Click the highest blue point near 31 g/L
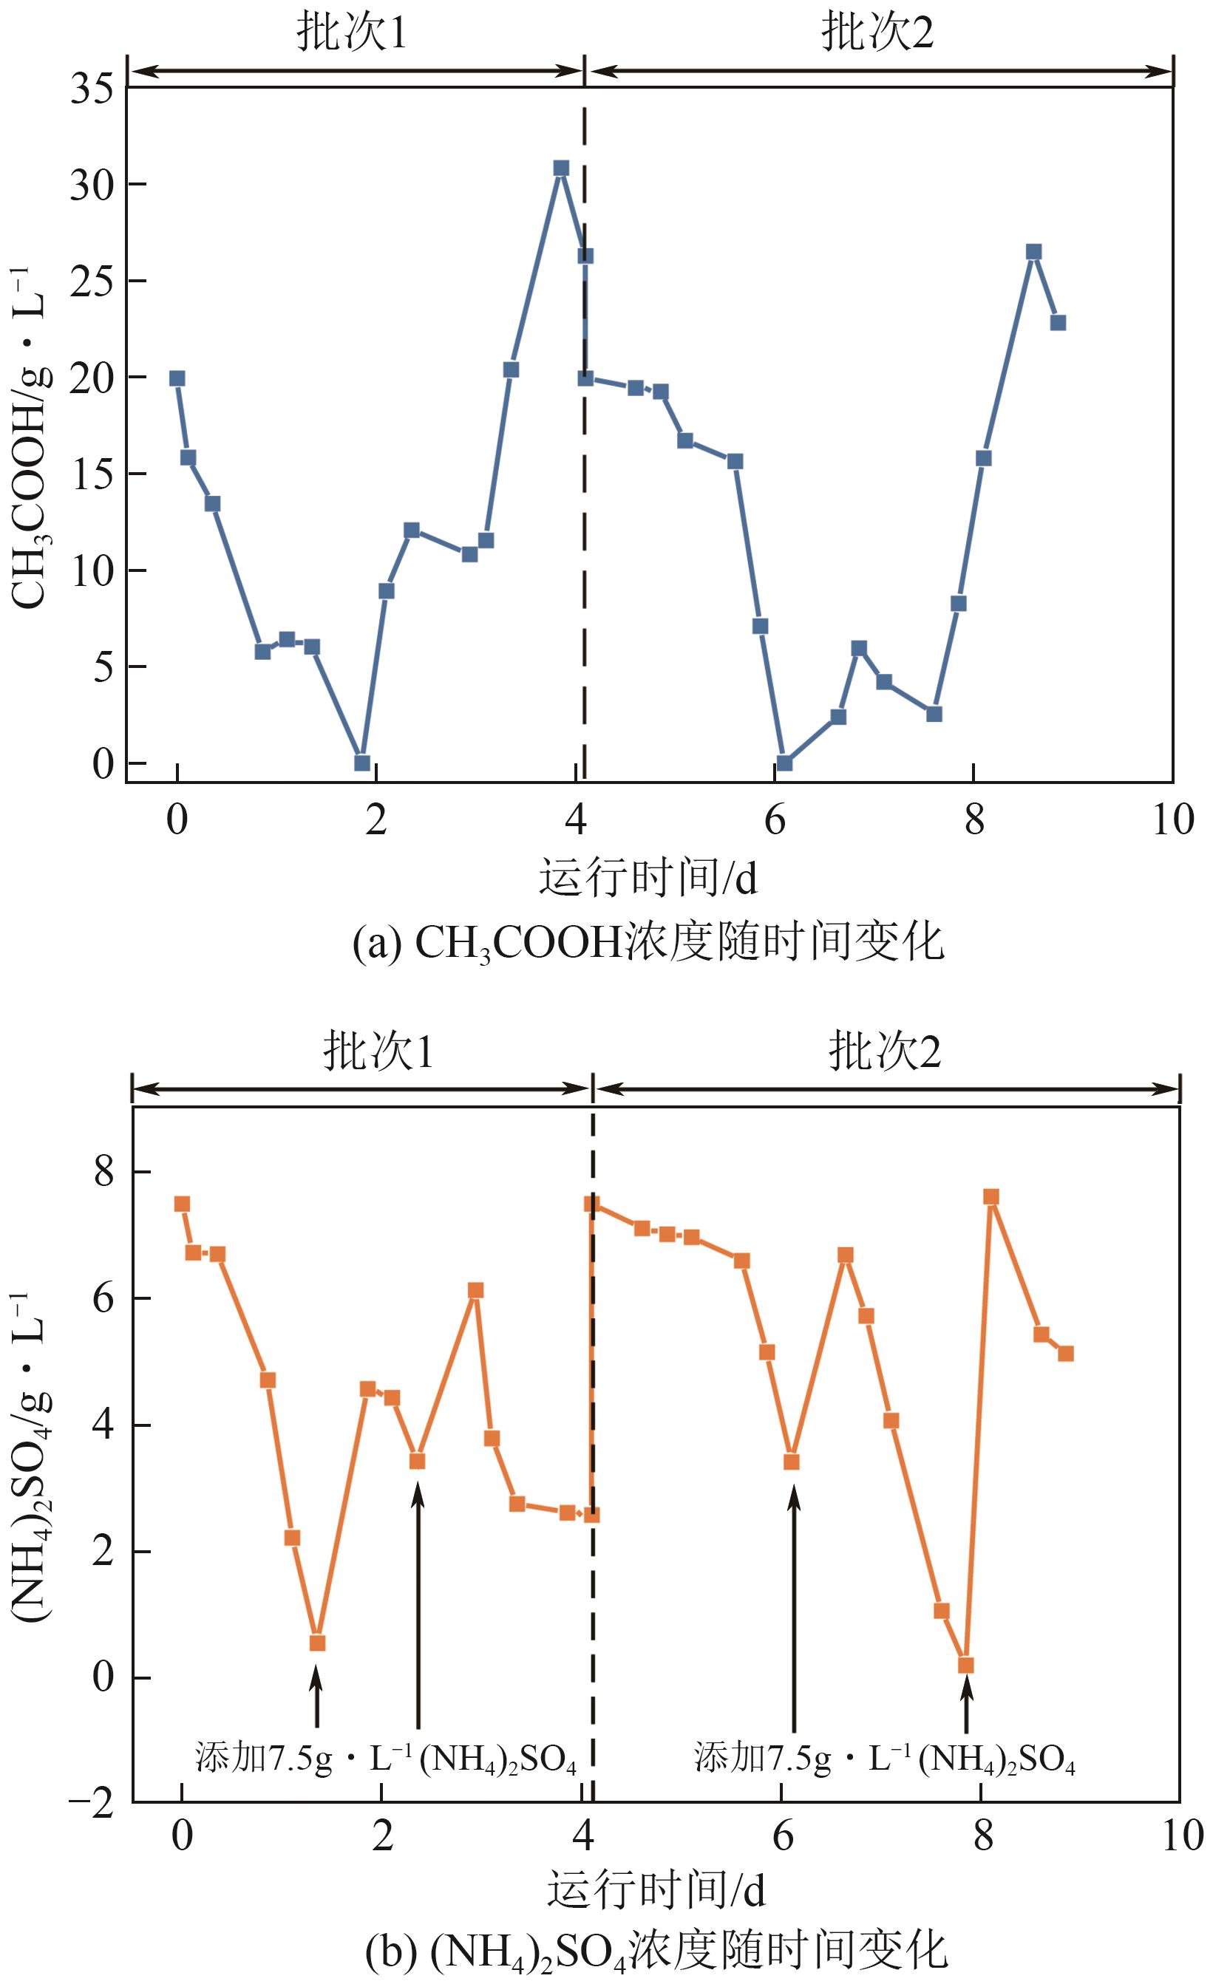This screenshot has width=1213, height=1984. (x=561, y=168)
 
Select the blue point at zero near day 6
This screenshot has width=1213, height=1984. (x=784, y=763)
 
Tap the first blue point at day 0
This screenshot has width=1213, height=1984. (x=177, y=378)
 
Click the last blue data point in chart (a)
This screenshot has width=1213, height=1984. (x=1059, y=323)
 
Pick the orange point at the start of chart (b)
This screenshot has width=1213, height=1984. (x=182, y=1204)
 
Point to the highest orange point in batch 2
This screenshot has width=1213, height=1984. (x=991, y=1196)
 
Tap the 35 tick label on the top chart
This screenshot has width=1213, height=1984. (x=92, y=89)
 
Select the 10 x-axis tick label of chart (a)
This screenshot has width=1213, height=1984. (x=1172, y=819)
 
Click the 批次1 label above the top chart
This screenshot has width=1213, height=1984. (x=352, y=33)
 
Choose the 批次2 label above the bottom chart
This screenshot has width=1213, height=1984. (x=884, y=1051)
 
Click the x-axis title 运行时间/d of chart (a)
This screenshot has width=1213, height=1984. (x=648, y=878)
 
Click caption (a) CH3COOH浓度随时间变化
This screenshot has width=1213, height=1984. (x=648, y=942)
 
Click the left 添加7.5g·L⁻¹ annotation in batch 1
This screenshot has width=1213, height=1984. (x=386, y=1758)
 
